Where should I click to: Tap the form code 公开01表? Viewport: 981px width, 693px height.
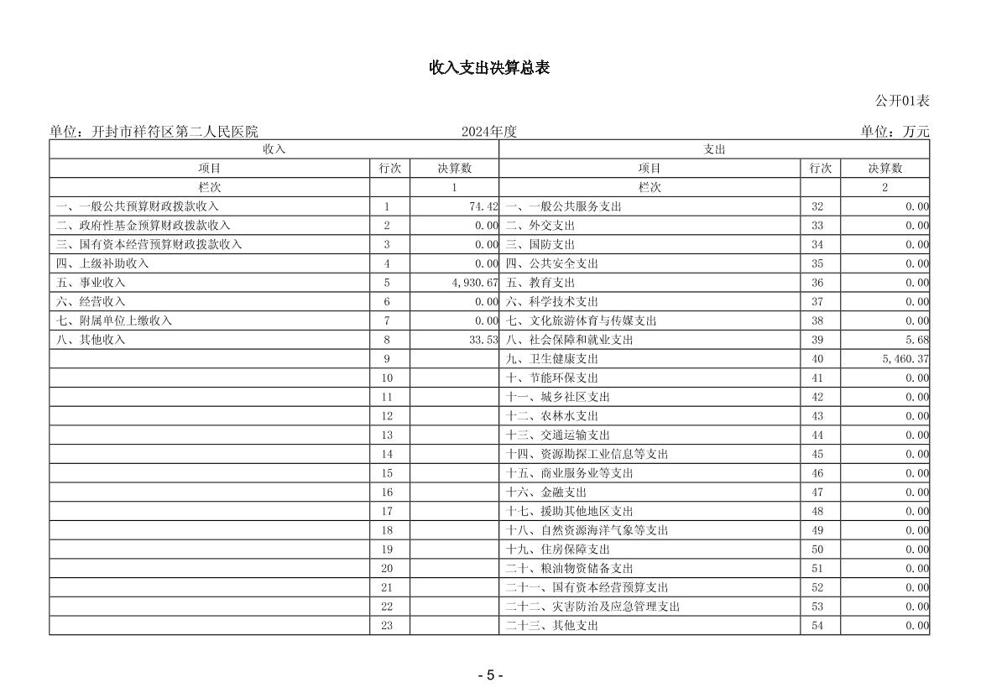[x=902, y=101]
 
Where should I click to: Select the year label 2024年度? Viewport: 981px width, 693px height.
[x=488, y=132]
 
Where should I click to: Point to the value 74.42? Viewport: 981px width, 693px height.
[x=483, y=206]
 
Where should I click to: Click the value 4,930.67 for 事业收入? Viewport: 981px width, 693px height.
[x=474, y=283]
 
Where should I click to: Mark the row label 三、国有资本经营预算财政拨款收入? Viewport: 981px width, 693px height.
[x=149, y=245]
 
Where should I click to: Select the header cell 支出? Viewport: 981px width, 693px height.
[x=714, y=149]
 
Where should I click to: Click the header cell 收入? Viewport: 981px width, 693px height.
[x=274, y=149]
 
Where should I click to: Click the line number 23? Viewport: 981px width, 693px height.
[x=387, y=626]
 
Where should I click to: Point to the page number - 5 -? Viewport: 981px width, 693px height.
[x=490, y=675]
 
